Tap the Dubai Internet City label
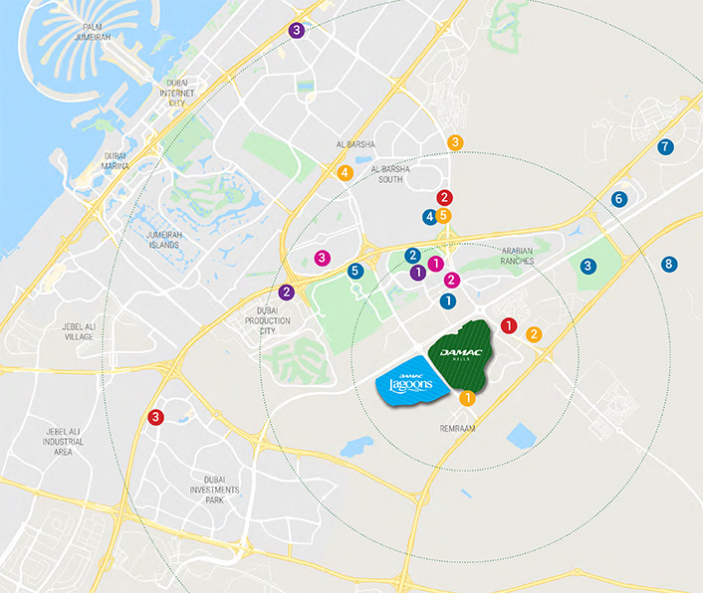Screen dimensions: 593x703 click(177, 93)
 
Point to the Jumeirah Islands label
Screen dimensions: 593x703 click(149, 239)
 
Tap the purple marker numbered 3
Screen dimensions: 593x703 click(297, 30)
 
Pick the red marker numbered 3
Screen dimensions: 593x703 click(155, 418)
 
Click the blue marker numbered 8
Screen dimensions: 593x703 click(669, 264)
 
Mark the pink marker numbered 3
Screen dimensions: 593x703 click(322, 258)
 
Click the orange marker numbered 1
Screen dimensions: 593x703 click(467, 399)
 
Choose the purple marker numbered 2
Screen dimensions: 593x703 click(287, 292)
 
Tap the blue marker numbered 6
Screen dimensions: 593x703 click(619, 199)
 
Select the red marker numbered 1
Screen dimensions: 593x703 click(510, 324)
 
